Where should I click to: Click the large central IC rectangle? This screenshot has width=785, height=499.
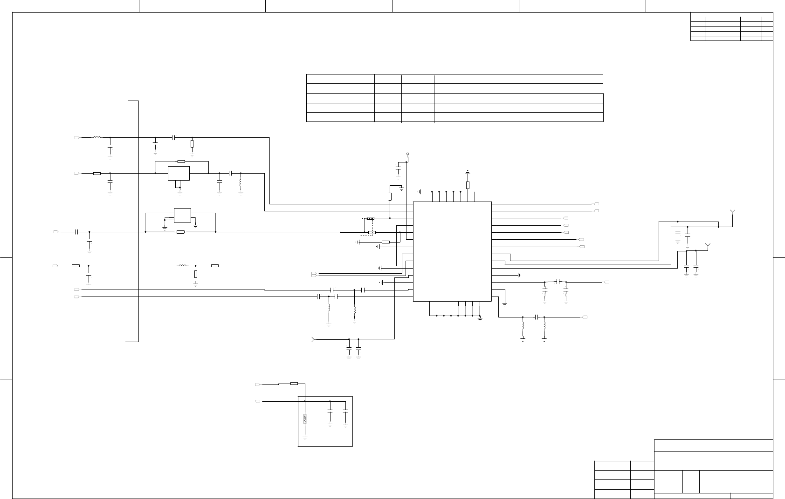tap(452, 251)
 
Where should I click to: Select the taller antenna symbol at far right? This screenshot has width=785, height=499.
tap(732, 213)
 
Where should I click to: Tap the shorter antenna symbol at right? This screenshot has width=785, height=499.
tap(708, 245)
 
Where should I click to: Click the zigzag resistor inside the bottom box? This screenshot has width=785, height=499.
tap(305, 419)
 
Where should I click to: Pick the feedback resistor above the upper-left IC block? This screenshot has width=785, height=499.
tap(181, 162)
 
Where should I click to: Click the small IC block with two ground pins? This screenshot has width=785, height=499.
tap(182, 215)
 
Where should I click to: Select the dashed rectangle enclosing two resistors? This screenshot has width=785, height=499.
tap(367, 227)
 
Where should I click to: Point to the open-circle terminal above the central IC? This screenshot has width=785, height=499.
tap(407, 154)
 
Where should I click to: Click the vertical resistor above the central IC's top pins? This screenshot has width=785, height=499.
tap(468, 185)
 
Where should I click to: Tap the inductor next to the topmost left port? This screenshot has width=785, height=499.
tap(97, 137)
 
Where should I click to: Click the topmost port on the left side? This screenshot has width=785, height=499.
tap(77, 138)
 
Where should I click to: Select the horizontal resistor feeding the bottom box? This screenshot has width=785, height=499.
tap(294, 384)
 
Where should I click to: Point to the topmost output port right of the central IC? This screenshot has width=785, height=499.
tap(596, 204)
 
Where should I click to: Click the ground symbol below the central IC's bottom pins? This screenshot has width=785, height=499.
tap(480, 318)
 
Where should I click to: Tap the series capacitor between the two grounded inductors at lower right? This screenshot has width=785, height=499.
tap(537, 317)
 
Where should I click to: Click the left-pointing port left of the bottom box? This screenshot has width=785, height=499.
tap(257, 401)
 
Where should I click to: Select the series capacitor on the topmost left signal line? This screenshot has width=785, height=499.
tap(173, 137)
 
